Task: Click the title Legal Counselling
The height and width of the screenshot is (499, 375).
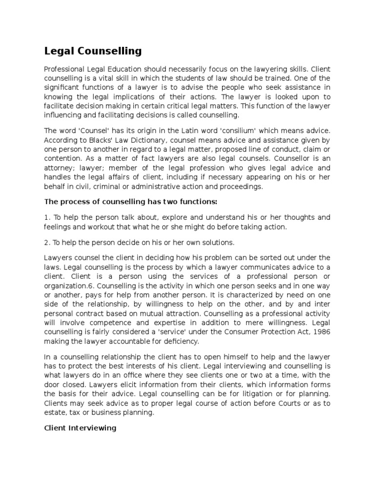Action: pyautogui.click(x=93, y=51)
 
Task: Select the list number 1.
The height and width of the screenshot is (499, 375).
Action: pyautogui.click(x=46, y=217)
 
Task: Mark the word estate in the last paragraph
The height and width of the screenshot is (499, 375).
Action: pyautogui.click(x=57, y=412)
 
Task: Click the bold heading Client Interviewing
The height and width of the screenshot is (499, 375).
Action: pyautogui.click(x=80, y=428)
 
